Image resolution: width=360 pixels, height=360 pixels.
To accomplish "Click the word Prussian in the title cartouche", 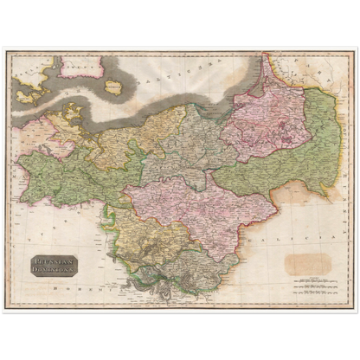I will click(55, 258).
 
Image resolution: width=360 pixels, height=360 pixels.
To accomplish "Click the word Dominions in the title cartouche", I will click(55, 267).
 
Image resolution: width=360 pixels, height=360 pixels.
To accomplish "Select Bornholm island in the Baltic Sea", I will click(114, 86).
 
